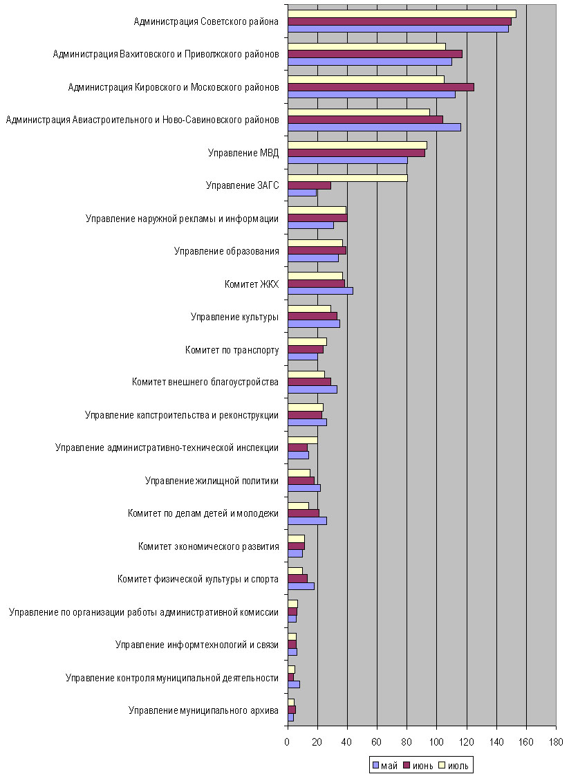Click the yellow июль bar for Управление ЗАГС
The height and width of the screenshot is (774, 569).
tap(348, 178)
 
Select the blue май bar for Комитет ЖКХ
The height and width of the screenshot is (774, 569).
tap(320, 291)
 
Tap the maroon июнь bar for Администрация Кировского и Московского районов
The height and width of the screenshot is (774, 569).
tap(380, 87)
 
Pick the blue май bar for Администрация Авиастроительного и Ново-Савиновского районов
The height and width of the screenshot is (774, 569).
tap(374, 127)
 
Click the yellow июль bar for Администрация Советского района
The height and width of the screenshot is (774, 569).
tap(402, 14)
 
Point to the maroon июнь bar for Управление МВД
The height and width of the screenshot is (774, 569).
tap(356, 153)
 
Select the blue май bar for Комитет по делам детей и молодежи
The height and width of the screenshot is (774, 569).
tap(307, 521)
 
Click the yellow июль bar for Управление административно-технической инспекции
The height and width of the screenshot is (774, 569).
tap(303, 441)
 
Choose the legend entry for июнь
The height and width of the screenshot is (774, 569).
tap(418, 766)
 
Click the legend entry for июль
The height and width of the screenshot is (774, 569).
tap(454, 766)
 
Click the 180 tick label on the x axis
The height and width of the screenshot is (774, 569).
tap(556, 742)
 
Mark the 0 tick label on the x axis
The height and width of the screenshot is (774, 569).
tap(287, 742)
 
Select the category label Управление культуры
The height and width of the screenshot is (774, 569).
tap(234, 317)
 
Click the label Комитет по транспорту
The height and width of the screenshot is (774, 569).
tap(232, 350)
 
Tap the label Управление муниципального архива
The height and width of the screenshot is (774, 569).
tap(203, 710)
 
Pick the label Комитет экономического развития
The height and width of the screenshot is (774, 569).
tap(208, 546)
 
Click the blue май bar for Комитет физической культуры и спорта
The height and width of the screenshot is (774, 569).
tap(301, 587)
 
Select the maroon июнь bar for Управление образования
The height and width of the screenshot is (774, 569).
tap(317, 250)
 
